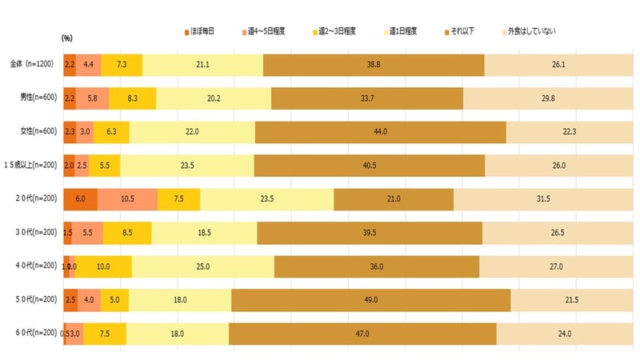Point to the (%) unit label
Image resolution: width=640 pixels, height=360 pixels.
pos(67,38)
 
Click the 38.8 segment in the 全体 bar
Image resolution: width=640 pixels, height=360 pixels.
pos(374,65)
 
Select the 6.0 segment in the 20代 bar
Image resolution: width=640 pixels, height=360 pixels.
pos(80,199)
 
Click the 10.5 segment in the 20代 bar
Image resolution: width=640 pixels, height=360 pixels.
pos(127,199)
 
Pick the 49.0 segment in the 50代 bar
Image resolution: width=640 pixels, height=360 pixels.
pos(370,300)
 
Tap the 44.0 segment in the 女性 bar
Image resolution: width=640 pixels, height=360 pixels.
pos(380,132)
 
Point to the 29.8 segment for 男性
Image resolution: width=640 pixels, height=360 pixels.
pos(548,98)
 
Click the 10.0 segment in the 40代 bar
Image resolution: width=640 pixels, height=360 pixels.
pos(103,266)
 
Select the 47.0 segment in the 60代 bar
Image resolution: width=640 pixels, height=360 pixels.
pos(362,334)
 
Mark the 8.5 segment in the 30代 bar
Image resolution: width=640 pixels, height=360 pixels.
pos(127,233)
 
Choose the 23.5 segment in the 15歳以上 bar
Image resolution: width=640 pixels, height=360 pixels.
pos(187,166)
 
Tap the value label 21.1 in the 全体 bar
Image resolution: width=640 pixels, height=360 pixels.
pos(203,65)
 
